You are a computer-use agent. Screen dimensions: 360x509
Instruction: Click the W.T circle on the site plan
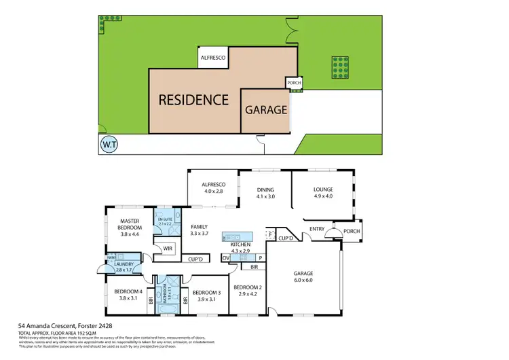pos(107,144)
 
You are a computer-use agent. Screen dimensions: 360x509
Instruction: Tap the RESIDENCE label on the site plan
pos(193,100)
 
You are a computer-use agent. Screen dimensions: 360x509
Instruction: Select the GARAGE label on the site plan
pos(266,109)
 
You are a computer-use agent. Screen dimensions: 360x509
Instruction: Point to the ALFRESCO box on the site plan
pos(212,58)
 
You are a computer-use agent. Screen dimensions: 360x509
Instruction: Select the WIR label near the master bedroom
pos(168,249)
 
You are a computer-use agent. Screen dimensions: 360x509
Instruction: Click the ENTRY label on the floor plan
pos(317,229)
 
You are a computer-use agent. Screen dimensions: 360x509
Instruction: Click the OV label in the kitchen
pos(225,258)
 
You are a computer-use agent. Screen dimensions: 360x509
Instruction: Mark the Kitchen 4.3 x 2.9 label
pos(241,248)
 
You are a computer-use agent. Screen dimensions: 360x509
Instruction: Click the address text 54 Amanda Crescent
pos(56,326)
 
